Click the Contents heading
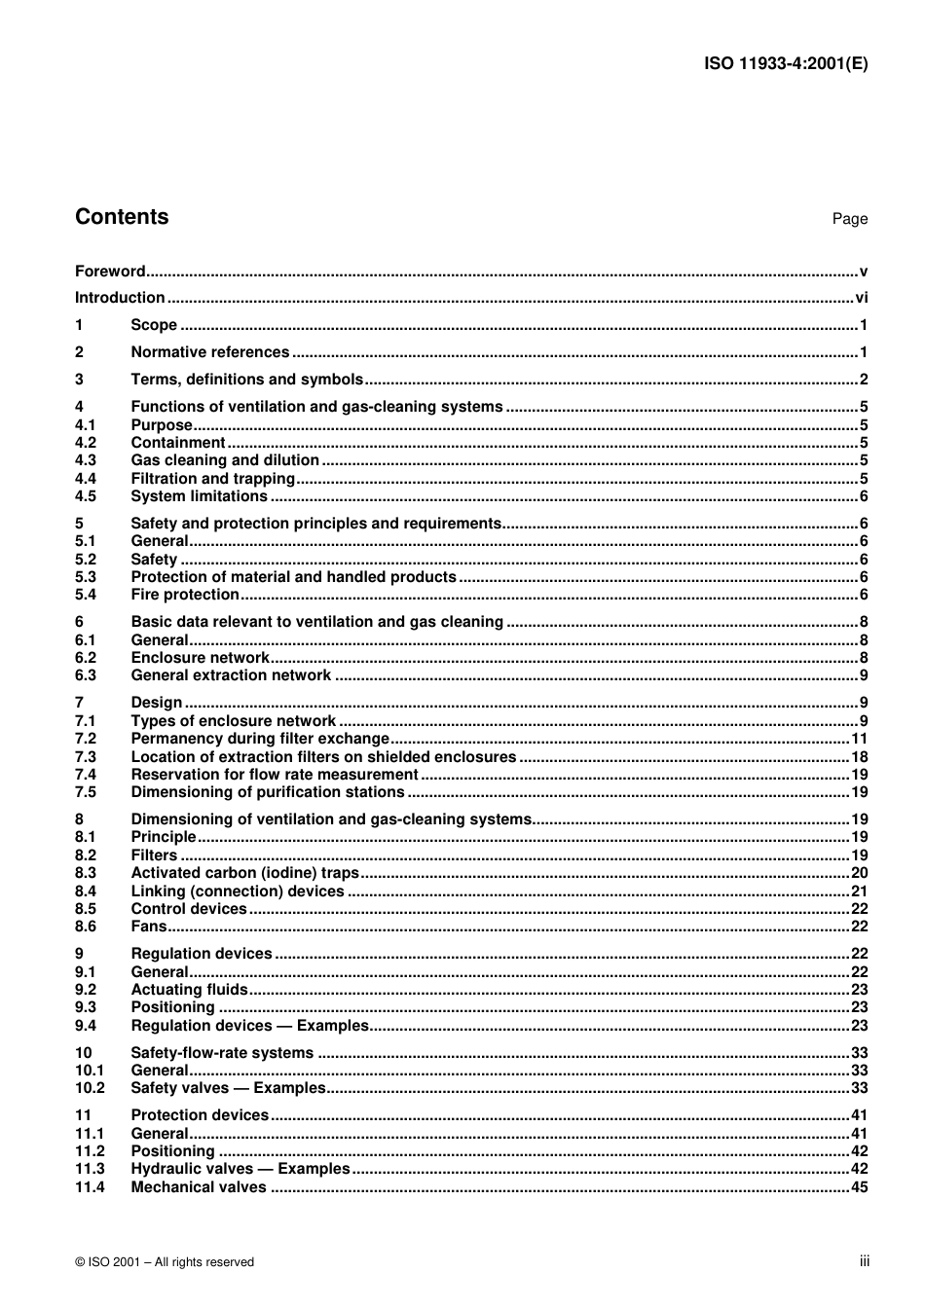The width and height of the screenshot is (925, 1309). coord(122,217)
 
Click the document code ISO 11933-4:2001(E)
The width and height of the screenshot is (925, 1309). coord(785,64)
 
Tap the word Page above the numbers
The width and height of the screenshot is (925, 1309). coord(849,219)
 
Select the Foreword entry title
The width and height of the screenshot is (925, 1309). coord(110,272)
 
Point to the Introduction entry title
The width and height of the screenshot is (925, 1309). coord(120,298)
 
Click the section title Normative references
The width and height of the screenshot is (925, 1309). coord(210,352)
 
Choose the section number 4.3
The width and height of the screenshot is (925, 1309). coord(86,460)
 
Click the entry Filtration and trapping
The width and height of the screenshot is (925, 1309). coord(212,479)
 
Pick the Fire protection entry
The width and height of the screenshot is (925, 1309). coord(185,595)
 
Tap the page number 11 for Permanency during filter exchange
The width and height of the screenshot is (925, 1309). coord(859,739)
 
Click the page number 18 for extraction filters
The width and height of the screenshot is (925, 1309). coord(859,757)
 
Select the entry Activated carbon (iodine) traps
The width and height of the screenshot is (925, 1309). coord(244,873)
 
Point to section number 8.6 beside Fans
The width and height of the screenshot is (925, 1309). coord(86,927)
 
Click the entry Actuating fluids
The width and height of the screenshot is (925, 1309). coord(189,990)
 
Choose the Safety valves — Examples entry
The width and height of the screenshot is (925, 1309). coord(228,1088)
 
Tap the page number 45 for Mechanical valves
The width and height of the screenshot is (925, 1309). coord(859,1187)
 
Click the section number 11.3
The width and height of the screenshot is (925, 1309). coord(90,1169)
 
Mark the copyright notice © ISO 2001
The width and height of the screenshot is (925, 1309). coord(164,1262)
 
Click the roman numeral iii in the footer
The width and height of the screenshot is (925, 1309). coord(864,1261)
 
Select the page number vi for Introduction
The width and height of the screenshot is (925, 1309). coord(861,298)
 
